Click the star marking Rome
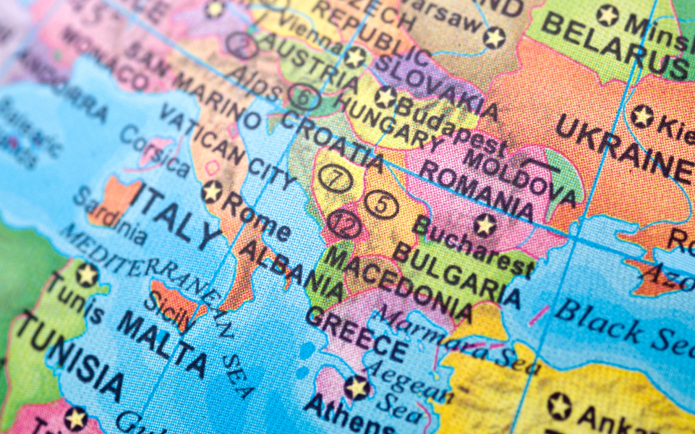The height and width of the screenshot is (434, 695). tap(212, 192)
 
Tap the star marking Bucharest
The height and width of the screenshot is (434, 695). tap(485, 224)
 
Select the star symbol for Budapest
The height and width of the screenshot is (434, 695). tap(385, 98)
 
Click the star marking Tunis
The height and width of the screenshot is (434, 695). tap(87, 275)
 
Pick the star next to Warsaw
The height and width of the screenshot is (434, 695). tap(494, 37)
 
